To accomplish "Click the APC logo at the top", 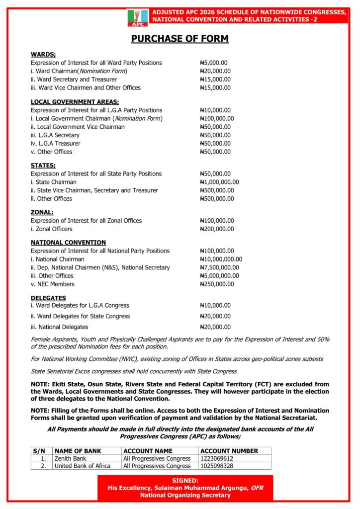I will (137, 18).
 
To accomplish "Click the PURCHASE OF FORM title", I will (180, 39).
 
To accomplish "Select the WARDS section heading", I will (43, 54).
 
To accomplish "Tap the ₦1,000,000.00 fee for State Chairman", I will (219, 182).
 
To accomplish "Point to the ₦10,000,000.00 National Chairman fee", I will (221, 259).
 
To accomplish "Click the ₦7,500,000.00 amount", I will (219, 267).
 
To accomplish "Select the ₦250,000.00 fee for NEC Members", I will (216, 284).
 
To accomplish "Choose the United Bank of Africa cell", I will (83, 466).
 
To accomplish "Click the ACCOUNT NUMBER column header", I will (229, 451).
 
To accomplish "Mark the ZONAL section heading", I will (42, 212).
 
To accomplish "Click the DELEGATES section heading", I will (48, 297).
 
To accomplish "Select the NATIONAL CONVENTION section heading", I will (68, 243).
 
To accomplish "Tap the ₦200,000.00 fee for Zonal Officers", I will (216, 229).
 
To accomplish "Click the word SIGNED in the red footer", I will (185, 481).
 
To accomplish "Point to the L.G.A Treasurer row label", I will (55, 143).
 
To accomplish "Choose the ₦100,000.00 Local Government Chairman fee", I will (216, 118).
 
